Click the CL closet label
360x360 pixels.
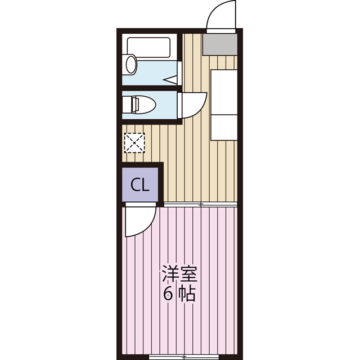(x=139, y=185)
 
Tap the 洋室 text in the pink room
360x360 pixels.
(x=179, y=276)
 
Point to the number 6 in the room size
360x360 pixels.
(x=168, y=294)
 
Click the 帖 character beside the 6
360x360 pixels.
(x=187, y=294)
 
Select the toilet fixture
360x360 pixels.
(x=143, y=104)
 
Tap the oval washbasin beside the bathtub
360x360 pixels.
(x=131, y=64)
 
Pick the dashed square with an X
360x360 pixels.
(x=134, y=142)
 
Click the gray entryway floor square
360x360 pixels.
(x=219, y=43)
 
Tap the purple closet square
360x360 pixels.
(x=141, y=185)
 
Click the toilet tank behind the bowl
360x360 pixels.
(x=127, y=105)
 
